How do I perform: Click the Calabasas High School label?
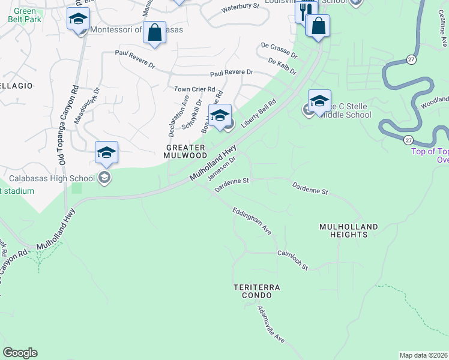[x=52, y=178]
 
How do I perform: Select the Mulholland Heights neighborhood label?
[x=349, y=230]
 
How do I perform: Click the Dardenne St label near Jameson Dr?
[x=232, y=182]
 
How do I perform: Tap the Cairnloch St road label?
[x=292, y=259]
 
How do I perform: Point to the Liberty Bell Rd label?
[x=258, y=113]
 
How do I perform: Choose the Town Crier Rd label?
[x=194, y=89]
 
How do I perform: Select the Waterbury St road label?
[x=240, y=7]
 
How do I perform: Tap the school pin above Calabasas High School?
[x=106, y=153]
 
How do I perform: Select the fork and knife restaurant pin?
[x=305, y=10]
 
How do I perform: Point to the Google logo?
[x=20, y=353]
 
